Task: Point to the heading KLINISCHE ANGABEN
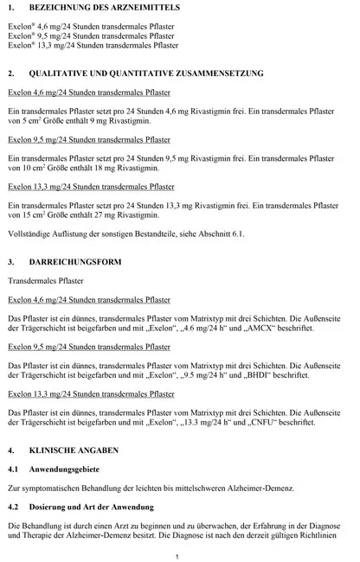pos(78,451)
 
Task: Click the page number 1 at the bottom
pos(177,555)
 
